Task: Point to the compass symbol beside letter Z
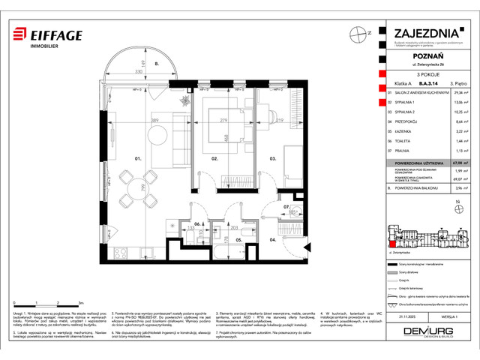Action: (x=355, y=33)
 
